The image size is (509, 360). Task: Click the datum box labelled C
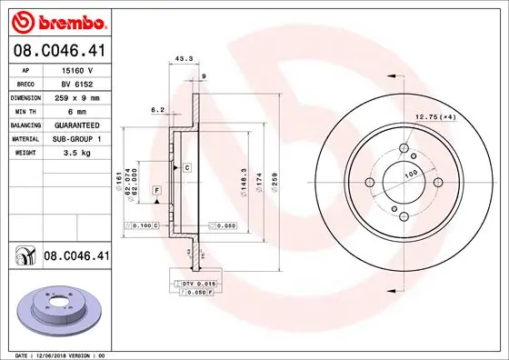[186, 168]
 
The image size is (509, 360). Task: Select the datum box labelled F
[156, 189]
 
